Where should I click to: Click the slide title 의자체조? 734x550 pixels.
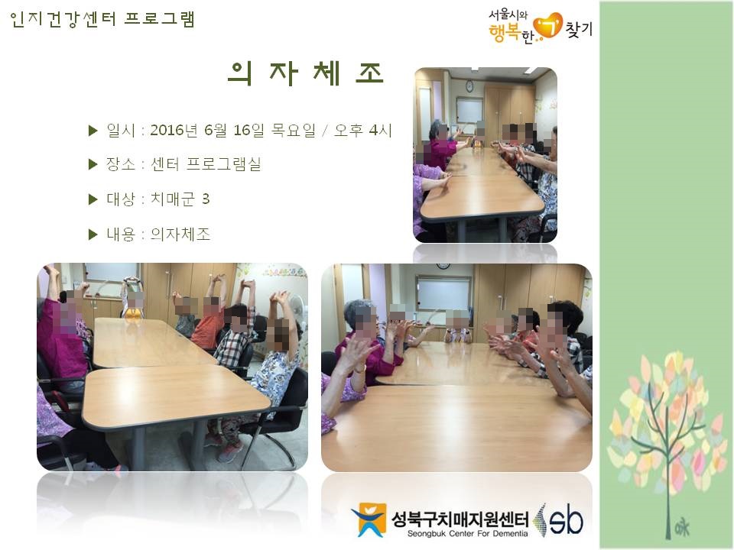tap(306, 73)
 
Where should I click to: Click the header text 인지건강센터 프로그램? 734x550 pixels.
tap(102, 19)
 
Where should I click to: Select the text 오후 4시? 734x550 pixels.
tap(362, 130)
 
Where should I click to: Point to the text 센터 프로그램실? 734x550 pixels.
tap(206, 164)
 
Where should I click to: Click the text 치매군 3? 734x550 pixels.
tap(180, 199)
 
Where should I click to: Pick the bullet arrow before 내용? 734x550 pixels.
tap(93, 235)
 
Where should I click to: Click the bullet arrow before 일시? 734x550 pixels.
tap(93, 131)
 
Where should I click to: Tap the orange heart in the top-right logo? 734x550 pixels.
tap(548, 26)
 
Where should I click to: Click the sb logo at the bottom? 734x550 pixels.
tap(560, 519)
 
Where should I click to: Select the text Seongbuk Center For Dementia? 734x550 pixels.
tap(467, 534)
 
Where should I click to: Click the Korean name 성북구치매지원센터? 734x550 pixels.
tap(460, 518)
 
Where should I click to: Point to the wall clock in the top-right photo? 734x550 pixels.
tap(469, 86)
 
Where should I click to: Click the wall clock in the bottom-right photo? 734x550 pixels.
tap(443, 266)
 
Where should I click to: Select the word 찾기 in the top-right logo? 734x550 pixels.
tap(579, 29)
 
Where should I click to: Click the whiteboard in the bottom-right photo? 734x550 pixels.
tap(443, 293)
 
